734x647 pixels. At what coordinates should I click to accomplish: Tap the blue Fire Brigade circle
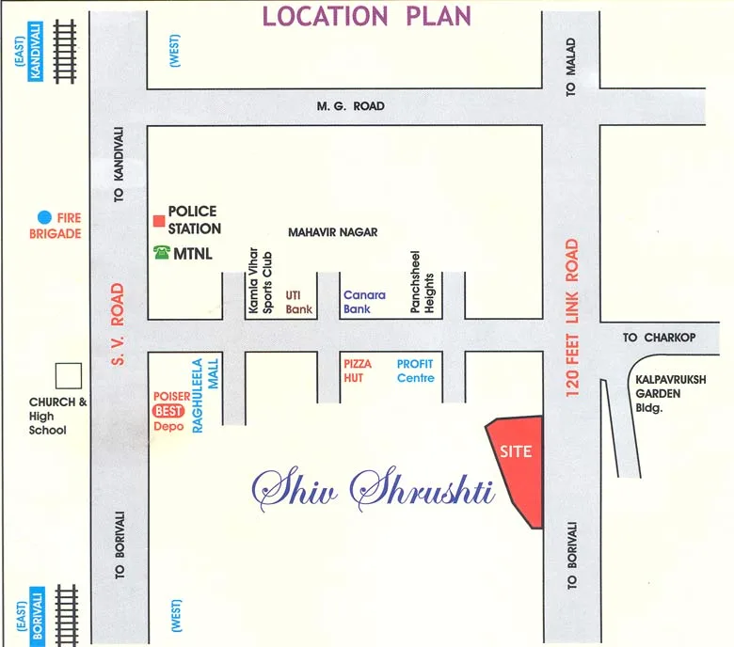(x=44, y=217)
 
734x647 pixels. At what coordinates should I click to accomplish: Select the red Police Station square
(x=158, y=221)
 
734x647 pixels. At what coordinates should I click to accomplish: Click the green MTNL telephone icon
(x=161, y=252)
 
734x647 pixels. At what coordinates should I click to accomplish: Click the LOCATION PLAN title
(x=366, y=16)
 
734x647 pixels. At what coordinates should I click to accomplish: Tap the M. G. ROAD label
(x=350, y=106)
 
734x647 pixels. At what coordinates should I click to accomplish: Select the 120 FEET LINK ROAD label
(x=571, y=318)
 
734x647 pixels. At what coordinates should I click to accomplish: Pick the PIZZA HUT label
(x=358, y=370)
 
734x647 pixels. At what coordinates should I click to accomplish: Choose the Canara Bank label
(x=364, y=302)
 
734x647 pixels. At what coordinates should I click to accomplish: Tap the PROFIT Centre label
(x=415, y=370)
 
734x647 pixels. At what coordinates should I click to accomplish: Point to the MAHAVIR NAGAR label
(x=332, y=231)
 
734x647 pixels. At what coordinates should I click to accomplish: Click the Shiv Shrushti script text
(x=375, y=488)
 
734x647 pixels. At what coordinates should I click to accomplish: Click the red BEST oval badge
(x=169, y=411)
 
